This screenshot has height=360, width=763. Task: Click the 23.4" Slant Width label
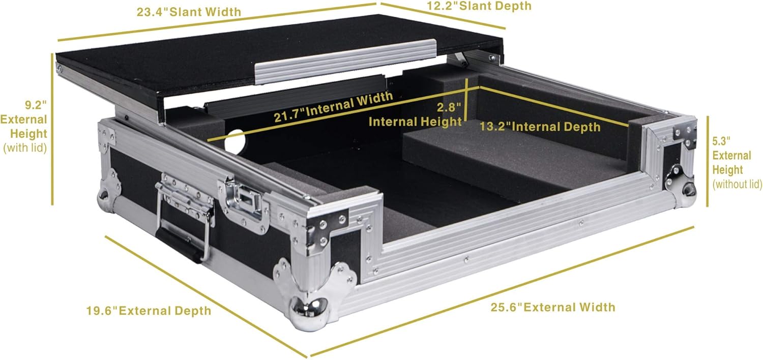189,11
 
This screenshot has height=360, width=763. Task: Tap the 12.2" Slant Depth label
478,6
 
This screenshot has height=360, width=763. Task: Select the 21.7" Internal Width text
333,107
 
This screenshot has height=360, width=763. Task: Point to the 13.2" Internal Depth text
540,127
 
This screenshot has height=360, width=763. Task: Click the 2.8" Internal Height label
415,114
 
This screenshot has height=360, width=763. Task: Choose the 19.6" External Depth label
148,310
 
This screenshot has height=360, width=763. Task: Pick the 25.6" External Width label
553,307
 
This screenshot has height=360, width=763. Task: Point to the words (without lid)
738,184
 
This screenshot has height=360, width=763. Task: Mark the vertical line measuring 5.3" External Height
707,162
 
